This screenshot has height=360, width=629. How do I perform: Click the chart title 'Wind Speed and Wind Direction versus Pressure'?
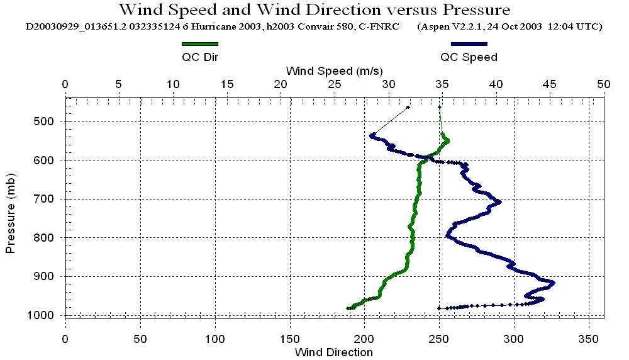[x=314, y=10]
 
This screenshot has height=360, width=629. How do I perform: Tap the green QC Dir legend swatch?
[x=199, y=44]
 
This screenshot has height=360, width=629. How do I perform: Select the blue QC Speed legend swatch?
[x=469, y=44]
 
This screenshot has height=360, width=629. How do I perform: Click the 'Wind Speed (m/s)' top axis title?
[x=334, y=70]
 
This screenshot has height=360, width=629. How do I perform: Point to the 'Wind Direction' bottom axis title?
[x=333, y=352]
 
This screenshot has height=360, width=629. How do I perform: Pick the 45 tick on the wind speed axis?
[x=550, y=84]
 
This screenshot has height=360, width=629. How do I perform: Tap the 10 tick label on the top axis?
[x=173, y=84]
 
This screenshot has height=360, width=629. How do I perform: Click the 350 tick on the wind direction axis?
[x=589, y=339]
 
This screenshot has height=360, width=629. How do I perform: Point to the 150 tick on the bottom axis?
[x=290, y=339]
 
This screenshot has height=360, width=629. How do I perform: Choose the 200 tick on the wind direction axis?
[x=364, y=339]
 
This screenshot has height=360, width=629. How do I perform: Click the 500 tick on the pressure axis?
[x=48, y=121]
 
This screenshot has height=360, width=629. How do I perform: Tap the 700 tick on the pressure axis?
[x=48, y=199]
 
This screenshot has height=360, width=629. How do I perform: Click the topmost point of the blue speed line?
[x=408, y=108]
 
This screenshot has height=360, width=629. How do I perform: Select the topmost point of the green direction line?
[x=439, y=108]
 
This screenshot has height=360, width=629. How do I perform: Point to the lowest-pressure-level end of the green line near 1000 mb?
[x=348, y=308]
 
